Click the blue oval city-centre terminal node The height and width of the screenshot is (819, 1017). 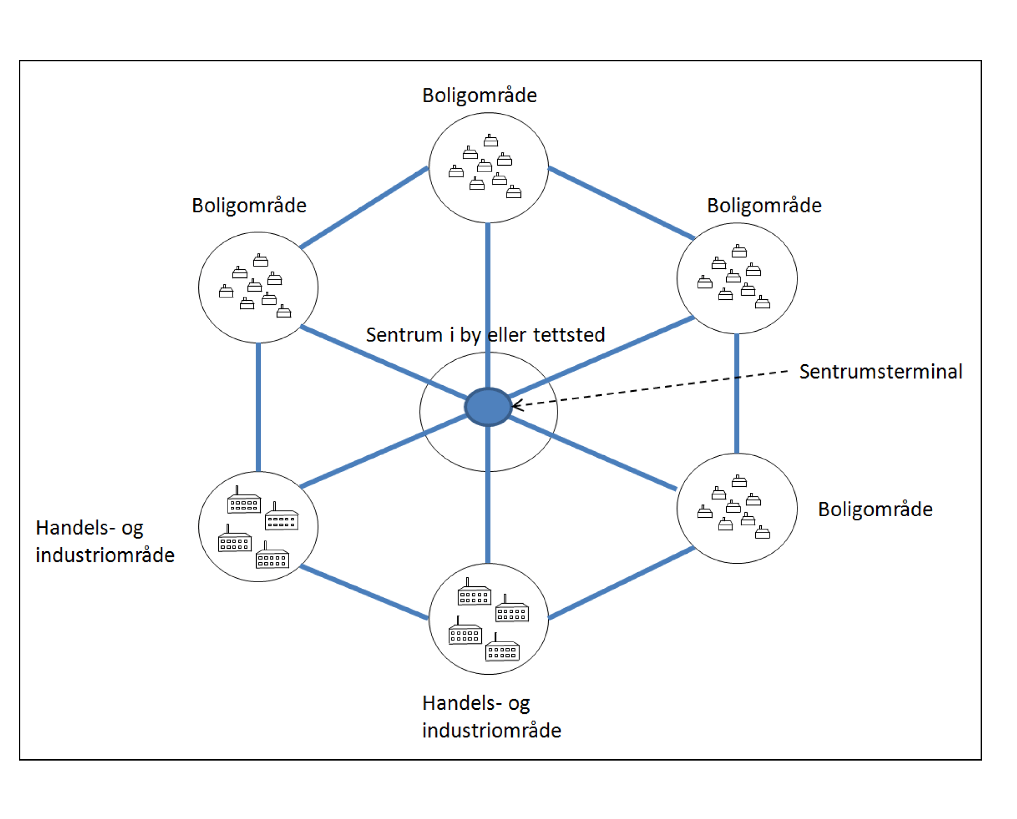coord(488,406)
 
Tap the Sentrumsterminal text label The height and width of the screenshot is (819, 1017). coord(880,371)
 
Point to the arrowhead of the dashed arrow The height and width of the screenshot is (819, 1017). coord(516,405)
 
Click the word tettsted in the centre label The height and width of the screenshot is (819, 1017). coord(569,335)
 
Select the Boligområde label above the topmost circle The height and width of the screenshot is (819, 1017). coord(479,96)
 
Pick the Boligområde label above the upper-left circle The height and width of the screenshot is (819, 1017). coord(249,206)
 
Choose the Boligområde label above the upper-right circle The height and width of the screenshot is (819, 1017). coord(764,206)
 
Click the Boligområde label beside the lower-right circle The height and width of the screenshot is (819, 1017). coord(875,509)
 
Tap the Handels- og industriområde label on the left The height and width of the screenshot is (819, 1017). coord(105,542)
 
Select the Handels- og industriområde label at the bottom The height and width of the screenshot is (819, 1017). coord(491,717)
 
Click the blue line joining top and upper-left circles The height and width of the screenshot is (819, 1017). coord(364,207)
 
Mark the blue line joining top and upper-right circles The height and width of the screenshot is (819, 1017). coord(621,203)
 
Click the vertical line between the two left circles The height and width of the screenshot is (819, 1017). coord(258,406)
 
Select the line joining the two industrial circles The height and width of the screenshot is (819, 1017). coord(364,592)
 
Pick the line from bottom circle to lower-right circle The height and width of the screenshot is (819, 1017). coord(621,583)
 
